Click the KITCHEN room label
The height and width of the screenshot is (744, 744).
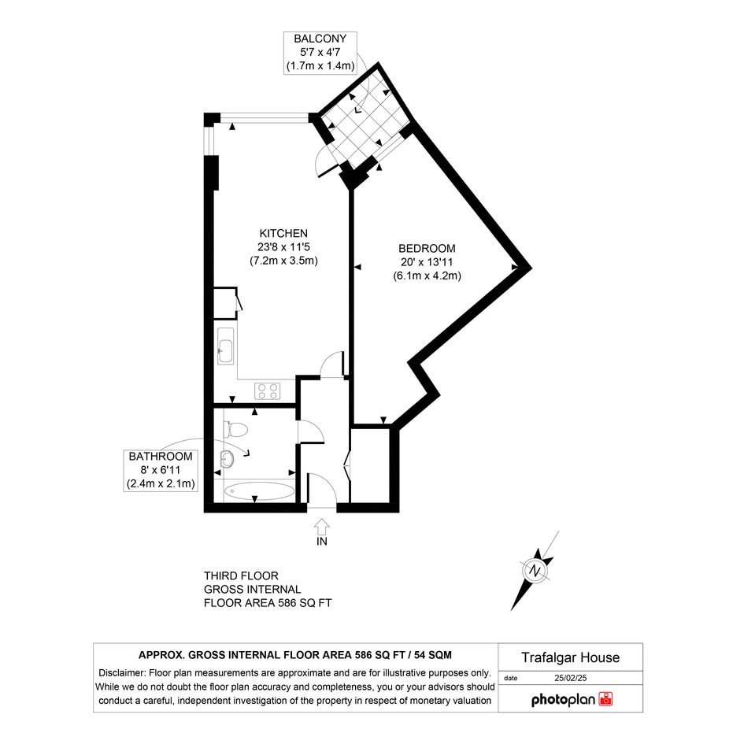coord(283,234)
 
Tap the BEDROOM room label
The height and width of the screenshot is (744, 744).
coord(427,249)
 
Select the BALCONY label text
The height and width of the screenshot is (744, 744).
coord(320,39)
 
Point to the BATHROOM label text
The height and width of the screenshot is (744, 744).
coord(161,457)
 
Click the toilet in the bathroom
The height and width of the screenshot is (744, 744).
coord(235,430)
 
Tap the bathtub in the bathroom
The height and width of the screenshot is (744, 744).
coord(258,490)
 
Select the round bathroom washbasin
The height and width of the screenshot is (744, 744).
coord(228,459)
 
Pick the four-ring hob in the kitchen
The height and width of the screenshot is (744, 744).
coord(268,391)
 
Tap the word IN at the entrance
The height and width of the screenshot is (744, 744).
coord(322,542)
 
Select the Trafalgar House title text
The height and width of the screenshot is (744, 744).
coord(570,657)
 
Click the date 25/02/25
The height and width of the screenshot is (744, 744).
coord(570,678)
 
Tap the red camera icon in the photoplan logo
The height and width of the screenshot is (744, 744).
coord(605,699)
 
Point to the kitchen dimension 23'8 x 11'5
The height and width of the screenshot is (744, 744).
coord(283,247)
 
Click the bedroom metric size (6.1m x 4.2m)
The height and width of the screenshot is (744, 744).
coord(427,276)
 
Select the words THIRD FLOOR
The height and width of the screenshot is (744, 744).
coord(241,576)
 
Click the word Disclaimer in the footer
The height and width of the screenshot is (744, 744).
coord(122,673)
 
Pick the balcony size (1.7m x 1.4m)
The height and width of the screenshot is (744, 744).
coord(320,66)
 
